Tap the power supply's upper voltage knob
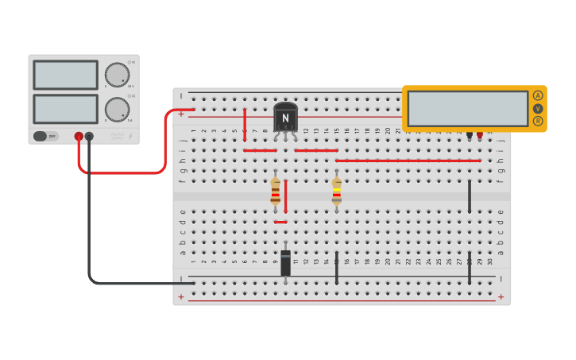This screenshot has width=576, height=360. tap(117, 75)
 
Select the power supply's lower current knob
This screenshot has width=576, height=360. tap(117, 109)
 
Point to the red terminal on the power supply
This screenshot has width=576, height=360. tap(79, 136)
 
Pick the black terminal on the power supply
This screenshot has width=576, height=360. tap(89, 136)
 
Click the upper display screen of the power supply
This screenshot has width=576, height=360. tap(66, 75)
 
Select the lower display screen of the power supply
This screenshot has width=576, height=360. tap(66, 109)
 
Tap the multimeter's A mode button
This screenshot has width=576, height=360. tap(538, 95)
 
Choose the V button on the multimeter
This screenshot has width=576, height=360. tap(538, 108)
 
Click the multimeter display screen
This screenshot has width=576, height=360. tap(467, 108)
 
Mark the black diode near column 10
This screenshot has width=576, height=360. tap(285, 263)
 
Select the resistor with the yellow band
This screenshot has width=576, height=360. tap(337, 191)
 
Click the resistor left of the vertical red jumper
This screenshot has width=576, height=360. tap(276, 191)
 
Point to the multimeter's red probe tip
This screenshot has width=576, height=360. tap(480, 136)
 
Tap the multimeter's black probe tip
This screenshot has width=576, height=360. tap(470, 136)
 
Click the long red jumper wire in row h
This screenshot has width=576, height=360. tap(408, 161)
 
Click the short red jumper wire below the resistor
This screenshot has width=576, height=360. tap(280, 222)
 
